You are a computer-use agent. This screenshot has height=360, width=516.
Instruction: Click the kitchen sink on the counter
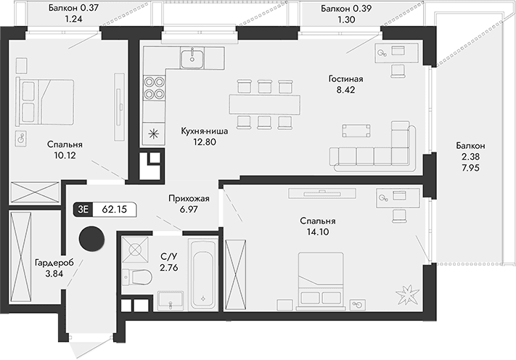[x=192, y=57]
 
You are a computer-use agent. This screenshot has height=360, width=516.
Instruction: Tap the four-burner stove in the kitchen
[x=154, y=87]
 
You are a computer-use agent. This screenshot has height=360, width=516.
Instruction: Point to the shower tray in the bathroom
[x=136, y=250]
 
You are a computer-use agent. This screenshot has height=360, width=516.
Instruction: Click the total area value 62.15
[x=115, y=210]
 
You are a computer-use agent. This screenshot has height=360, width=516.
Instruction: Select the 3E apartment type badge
[x=83, y=210]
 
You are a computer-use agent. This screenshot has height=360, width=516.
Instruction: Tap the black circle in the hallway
[x=91, y=237]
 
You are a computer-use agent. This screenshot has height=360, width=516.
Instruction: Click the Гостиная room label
[x=345, y=78]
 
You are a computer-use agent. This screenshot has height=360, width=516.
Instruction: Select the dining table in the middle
[x=264, y=103]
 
